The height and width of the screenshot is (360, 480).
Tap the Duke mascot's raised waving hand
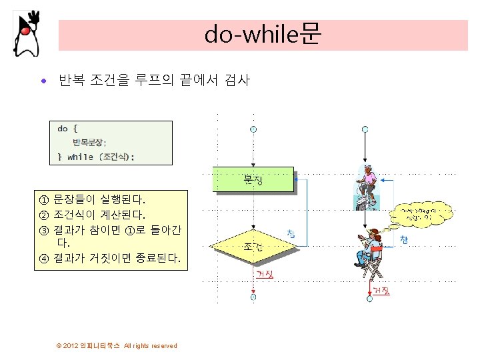tap(35, 17)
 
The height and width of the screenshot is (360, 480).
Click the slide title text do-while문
tap(263, 34)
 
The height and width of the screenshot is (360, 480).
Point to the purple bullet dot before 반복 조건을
tap(44, 82)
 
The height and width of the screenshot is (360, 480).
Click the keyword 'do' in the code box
tap(63, 128)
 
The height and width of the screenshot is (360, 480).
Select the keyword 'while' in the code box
tap(80, 157)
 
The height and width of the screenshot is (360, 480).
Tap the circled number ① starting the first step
tap(44, 199)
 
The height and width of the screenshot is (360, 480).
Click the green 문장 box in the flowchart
tap(253, 180)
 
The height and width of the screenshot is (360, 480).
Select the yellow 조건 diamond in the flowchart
tap(253, 246)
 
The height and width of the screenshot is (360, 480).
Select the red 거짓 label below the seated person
tap(381, 291)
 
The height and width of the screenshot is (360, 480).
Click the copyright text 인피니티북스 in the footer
tap(100, 345)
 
